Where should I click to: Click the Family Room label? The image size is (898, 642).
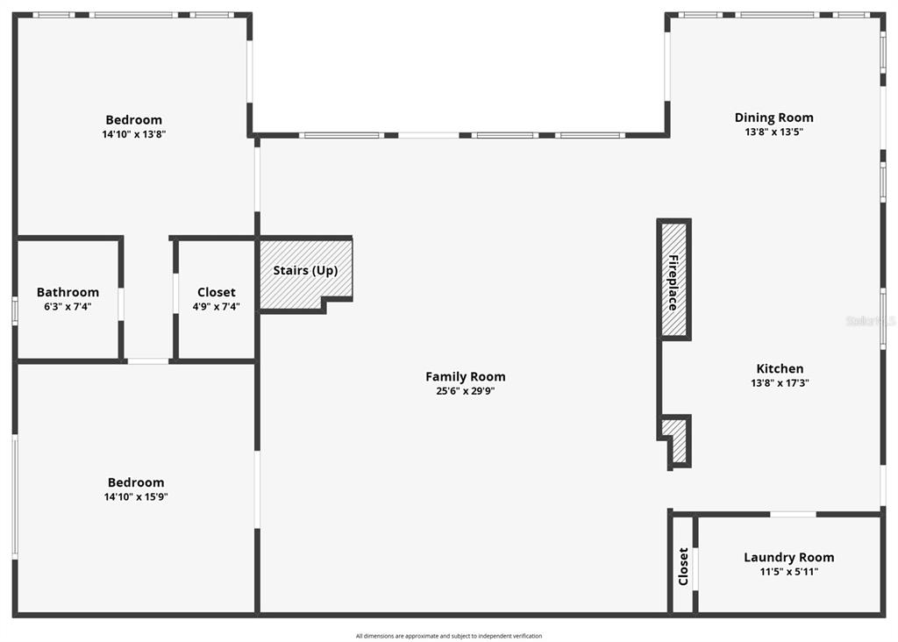(465, 377)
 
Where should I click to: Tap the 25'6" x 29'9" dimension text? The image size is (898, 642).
(465, 391)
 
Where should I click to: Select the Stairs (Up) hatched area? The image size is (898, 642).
(305, 273)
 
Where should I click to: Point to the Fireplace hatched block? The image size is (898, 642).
(673, 279)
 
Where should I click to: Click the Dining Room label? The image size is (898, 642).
(773, 118)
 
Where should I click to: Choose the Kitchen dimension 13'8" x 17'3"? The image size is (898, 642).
(780, 383)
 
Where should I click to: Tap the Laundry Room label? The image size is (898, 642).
(788, 558)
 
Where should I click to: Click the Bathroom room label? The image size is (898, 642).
(68, 293)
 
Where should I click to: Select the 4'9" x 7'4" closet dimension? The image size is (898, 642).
(216, 307)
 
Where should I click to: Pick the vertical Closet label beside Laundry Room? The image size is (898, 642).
(682, 567)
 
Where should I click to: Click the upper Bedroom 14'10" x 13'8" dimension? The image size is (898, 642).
(134, 134)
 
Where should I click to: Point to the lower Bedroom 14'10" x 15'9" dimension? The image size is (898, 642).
(136, 497)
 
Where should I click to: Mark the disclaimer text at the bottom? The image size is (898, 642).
(448, 636)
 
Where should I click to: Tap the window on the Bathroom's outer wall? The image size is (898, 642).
(15, 311)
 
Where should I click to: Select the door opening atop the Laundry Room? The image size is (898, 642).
(793, 514)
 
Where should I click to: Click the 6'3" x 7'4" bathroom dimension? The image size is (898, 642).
(68, 307)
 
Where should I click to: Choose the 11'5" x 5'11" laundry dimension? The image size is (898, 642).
(788, 572)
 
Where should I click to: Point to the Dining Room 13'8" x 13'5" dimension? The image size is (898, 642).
(773, 132)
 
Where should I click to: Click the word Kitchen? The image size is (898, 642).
(780, 369)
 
